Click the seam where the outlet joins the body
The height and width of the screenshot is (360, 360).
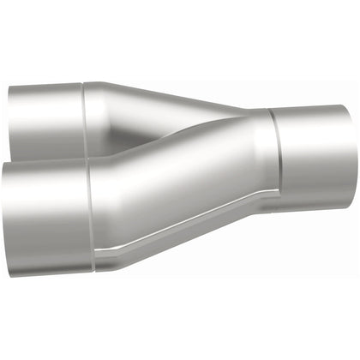pyautogui.click(x=276, y=159)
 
